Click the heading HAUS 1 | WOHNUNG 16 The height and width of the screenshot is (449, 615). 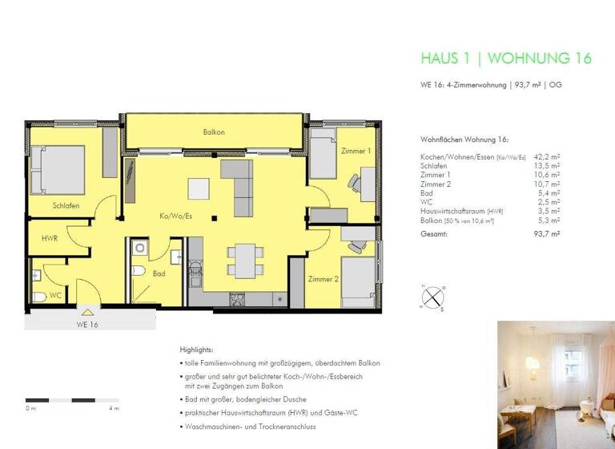point(505,58)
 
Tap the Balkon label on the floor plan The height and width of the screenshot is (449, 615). point(214,131)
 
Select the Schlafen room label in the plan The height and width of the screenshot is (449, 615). point(66,206)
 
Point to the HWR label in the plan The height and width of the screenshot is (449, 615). point(50,239)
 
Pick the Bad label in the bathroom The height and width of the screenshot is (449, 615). point(159,273)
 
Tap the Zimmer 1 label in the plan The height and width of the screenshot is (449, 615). point(356,151)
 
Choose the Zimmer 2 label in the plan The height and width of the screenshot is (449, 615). point(324,279)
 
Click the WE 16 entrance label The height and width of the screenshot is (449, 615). point(87,325)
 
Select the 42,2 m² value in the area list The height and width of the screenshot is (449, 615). point(548,156)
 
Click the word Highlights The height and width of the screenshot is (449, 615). point(196,350)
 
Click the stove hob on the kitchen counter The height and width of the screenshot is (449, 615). point(238,300)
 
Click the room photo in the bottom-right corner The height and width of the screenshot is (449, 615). point(556,384)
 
